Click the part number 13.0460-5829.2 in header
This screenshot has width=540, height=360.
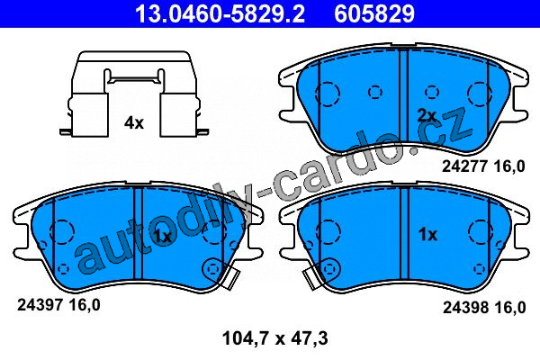pyautogui.click(x=220, y=13)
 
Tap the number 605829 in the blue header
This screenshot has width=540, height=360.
pyautogui.click(x=374, y=13)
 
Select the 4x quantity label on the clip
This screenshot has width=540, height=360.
pyautogui.click(x=134, y=122)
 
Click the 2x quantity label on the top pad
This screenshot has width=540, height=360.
pyautogui.click(x=427, y=116)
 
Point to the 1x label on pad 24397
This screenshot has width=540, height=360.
pyautogui.click(x=162, y=237)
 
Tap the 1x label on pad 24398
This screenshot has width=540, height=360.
pyautogui.click(x=427, y=235)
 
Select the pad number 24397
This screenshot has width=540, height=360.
pyautogui.click(x=40, y=305)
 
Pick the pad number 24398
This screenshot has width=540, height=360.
pyautogui.click(x=466, y=307)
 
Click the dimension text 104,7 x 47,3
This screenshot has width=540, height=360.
pyautogui.click(x=275, y=338)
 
